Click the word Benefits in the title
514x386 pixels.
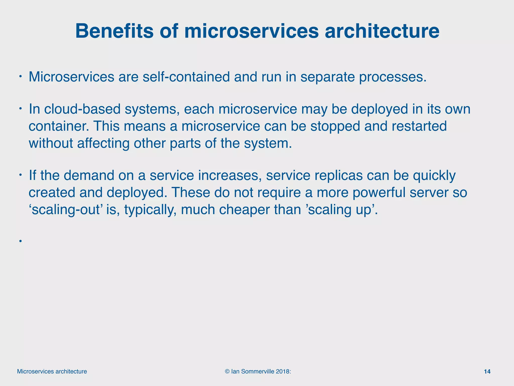[114, 31]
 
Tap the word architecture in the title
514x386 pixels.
[382, 31]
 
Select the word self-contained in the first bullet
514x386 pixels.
[186, 77]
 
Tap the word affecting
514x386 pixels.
[103, 143]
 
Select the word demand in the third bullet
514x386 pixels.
[89, 175]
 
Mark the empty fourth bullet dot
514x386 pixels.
[20, 241]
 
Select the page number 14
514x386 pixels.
[487, 371]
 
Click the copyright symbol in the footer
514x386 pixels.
[227, 371]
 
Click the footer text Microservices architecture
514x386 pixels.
[52, 371]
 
